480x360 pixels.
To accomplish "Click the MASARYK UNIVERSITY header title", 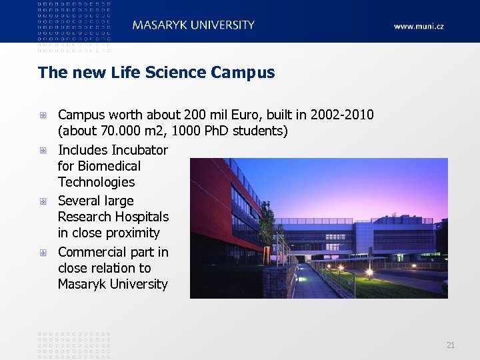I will pyautogui.click(x=193, y=25).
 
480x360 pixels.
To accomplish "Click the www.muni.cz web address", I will pyautogui.click(x=418, y=27).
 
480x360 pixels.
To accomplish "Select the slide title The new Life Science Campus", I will pyautogui.click(x=156, y=72).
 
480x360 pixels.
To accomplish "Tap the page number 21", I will pyautogui.click(x=451, y=345).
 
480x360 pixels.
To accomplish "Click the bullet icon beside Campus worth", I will pyautogui.click(x=43, y=115).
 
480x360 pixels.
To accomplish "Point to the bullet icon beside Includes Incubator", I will pyautogui.click(x=43, y=150).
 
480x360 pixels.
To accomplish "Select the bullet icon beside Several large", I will pyautogui.click(x=43, y=201).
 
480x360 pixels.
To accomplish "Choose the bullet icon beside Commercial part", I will pyautogui.click(x=43, y=252).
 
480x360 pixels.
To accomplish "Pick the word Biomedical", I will pyautogui.click(x=109, y=166).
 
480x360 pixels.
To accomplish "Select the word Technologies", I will pyautogui.click(x=96, y=182).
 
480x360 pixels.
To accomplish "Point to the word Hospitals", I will pyautogui.click(x=141, y=217).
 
